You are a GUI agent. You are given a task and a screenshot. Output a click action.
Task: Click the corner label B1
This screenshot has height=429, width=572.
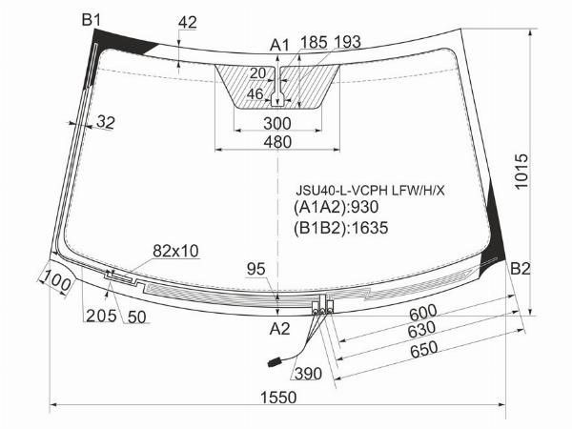click(x=91, y=20)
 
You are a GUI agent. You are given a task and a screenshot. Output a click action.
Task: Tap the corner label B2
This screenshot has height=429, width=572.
click(x=520, y=269)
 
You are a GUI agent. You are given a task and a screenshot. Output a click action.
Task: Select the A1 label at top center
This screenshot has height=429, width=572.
click(x=279, y=46)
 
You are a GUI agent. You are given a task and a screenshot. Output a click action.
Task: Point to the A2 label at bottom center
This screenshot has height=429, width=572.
click(x=279, y=329)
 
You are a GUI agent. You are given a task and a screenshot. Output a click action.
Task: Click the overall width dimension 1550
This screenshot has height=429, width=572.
click(x=278, y=398)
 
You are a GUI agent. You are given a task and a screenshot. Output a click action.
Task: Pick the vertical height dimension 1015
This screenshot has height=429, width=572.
click(x=521, y=171)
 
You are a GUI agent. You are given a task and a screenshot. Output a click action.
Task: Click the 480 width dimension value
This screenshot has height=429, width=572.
click(x=278, y=142)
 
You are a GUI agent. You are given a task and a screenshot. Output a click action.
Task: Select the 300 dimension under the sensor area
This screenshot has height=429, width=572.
click(x=277, y=124)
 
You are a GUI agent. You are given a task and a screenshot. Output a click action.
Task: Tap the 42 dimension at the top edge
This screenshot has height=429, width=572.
click(x=188, y=22)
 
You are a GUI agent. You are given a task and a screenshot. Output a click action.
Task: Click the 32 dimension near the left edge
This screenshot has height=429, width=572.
click(x=106, y=122)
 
